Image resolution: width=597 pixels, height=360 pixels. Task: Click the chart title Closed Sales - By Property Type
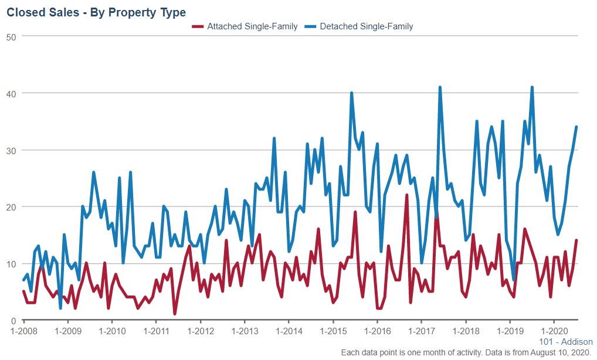coord(96,12)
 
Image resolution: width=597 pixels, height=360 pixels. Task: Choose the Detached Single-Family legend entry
coord(367,26)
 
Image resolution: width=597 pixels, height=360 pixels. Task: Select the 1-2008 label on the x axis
coord(24,331)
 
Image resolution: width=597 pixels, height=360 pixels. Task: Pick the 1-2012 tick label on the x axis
coord(201,331)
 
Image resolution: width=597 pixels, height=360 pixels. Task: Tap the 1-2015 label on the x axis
coord(333,331)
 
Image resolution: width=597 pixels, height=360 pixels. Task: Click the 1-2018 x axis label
coord(466,331)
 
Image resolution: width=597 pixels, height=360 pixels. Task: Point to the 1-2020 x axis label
coord(554,331)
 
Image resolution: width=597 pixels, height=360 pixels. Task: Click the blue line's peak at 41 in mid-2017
coord(440,87)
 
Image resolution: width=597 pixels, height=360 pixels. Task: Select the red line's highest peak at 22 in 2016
coord(407,195)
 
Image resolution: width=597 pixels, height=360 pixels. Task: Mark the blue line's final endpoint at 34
coord(576,127)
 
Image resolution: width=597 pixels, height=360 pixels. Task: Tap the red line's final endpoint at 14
coord(576,240)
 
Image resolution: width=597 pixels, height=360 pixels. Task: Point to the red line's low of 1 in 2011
coord(175,314)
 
